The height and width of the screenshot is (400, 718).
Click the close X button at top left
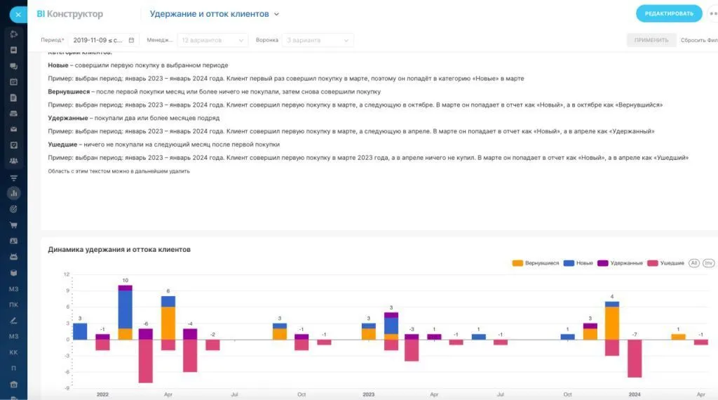pyautogui.click(x=18, y=13)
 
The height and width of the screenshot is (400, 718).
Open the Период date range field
pyautogui.click(x=104, y=40)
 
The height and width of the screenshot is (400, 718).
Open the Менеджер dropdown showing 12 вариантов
pyautogui.click(x=212, y=40)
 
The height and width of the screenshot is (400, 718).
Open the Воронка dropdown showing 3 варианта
pyautogui.click(x=318, y=40)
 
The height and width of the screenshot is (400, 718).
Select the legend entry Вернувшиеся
pyautogui.click(x=536, y=263)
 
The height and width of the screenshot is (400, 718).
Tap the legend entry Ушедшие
pyautogui.click(x=667, y=263)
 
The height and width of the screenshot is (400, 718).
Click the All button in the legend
pyautogui.click(x=694, y=263)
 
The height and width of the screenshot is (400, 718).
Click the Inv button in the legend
pyautogui.click(x=709, y=263)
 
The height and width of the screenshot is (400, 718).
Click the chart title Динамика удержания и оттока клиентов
pyautogui.click(x=119, y=249)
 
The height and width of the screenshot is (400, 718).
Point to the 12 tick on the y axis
pyautogui.click(x=67, y=274)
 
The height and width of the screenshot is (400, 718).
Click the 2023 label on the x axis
pyautogui.click(x=369, y=395)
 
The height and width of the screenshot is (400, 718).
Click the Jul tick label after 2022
pyautogui.click(x=235, y=395)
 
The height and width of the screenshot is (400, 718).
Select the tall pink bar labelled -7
pyautogui.click(x=635, y=359)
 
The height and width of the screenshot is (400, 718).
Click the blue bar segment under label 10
pyautogui.click(x=125, y=309)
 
